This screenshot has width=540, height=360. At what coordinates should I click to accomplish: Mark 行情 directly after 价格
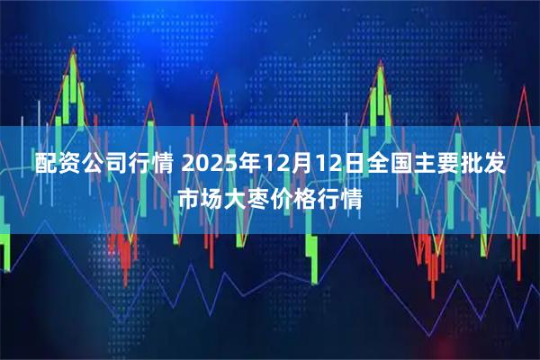[342, 197]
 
